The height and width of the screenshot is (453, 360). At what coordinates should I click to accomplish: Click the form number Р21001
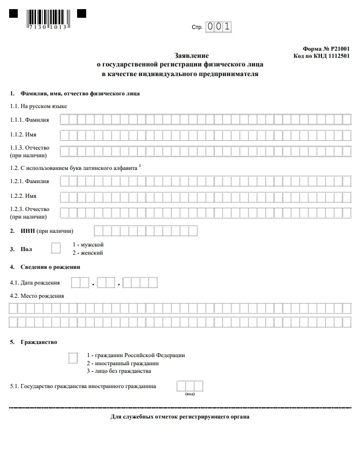point(327,48)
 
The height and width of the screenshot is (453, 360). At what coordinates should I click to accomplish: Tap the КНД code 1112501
point(321,56)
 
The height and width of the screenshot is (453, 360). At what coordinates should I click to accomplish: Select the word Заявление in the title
point(192,55)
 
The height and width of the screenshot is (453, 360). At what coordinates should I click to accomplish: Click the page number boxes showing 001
point(218,27)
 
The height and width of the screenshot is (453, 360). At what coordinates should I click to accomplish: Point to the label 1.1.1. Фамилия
point(29,120)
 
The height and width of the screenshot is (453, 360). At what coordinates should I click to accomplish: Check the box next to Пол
point(56,248)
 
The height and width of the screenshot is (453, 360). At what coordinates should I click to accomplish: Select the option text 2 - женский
point(88,252)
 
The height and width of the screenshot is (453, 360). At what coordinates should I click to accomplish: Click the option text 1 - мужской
point(88,245)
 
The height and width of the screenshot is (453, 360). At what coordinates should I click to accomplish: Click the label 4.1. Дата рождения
point(35,283)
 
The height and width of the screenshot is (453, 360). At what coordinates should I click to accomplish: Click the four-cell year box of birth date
point(140,283)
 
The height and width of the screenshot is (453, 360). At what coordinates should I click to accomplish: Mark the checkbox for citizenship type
point(73,358)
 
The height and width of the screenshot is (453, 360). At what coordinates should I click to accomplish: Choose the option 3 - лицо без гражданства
point(119,371)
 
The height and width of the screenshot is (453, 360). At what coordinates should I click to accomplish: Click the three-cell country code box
point(190,386)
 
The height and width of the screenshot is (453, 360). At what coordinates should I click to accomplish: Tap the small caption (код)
point(190,394)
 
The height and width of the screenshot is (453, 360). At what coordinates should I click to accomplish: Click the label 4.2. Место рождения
point(37,296)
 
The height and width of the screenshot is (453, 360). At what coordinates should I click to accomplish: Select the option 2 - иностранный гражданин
point(123,363)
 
